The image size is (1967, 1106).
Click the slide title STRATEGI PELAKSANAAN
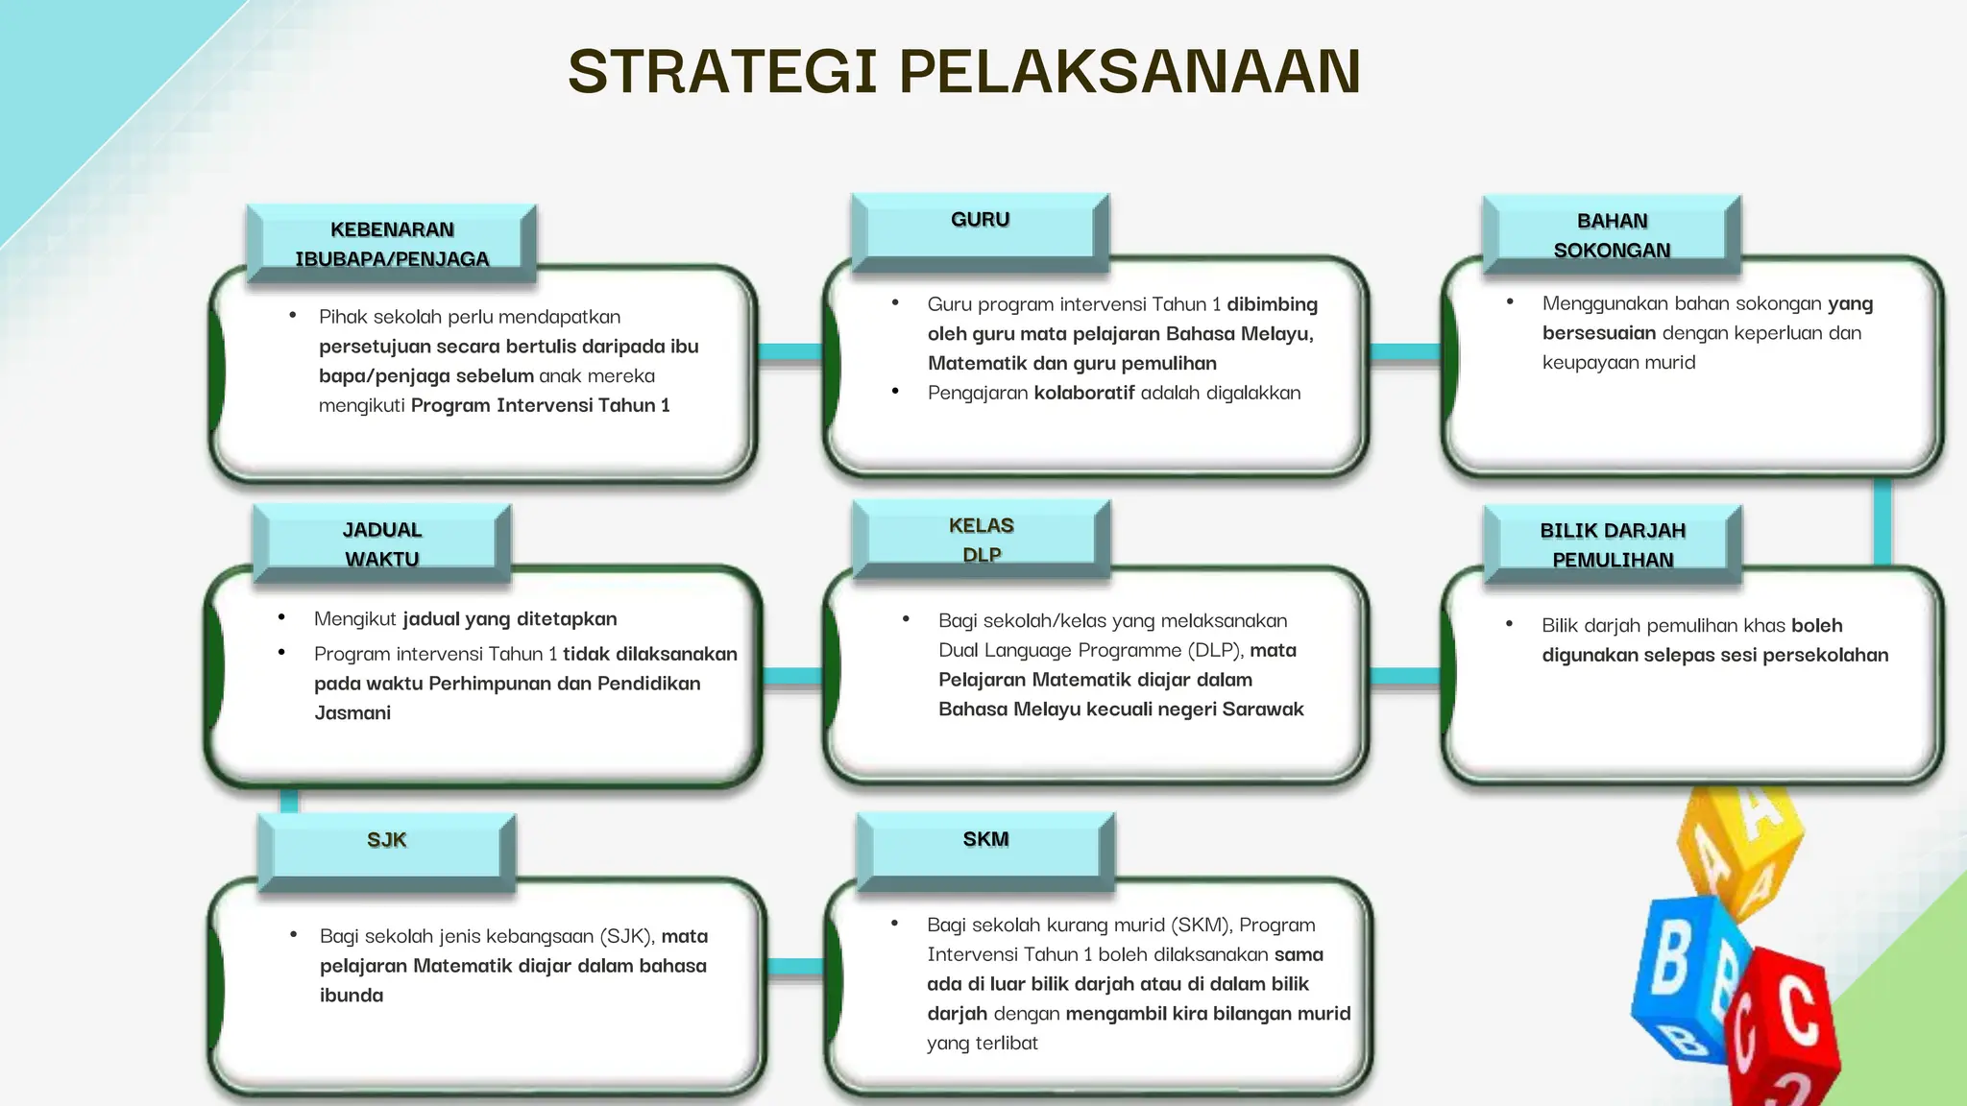[x=963, y=72]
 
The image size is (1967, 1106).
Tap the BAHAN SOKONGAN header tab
[x=1612, y=236]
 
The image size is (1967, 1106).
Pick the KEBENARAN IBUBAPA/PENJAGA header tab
[x=392, y=244]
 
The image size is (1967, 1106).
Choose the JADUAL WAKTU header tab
[x=382, y=544]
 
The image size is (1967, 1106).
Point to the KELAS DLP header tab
[x=981, y=540]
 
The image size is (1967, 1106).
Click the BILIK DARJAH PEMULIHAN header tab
[x=1613, y=545]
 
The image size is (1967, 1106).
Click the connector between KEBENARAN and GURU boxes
[x=789, y=352]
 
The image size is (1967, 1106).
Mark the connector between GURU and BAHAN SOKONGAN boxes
[x=1404, y=352]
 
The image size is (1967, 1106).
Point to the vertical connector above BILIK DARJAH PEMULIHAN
[x=1882, y=521]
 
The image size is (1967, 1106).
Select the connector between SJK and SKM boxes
[x=795, y=967]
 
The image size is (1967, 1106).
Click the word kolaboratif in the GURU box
[x=1083, y=393]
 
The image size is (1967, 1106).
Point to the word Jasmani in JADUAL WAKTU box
[x=352, y=713]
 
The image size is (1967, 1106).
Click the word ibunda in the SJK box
[x=352, y=996]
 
